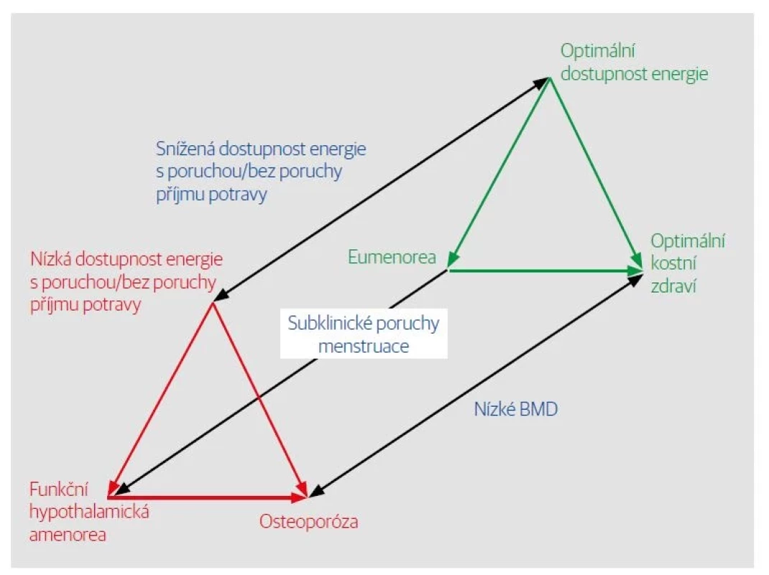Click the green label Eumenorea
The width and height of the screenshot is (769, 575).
(x=392, y=257)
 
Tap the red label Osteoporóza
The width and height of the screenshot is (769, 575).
(x=308, y=521)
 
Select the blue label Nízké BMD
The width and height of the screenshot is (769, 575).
(x=516, y=409)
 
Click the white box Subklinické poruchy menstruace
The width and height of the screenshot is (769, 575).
(x=364, y=333)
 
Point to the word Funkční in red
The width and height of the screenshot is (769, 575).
(x=60, y=489)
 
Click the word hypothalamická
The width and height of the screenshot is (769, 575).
(x=89, y=512)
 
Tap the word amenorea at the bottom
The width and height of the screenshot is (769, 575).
(x=68, y=534)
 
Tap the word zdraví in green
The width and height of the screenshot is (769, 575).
(x=673, y=286)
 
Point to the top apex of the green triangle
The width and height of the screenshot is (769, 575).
(x=550, y=78)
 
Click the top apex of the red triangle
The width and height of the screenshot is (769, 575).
(x=213, y=303)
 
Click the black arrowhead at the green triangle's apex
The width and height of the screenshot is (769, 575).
(x=541, y=83)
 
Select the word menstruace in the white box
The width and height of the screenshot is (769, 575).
(x=364, y=346)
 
